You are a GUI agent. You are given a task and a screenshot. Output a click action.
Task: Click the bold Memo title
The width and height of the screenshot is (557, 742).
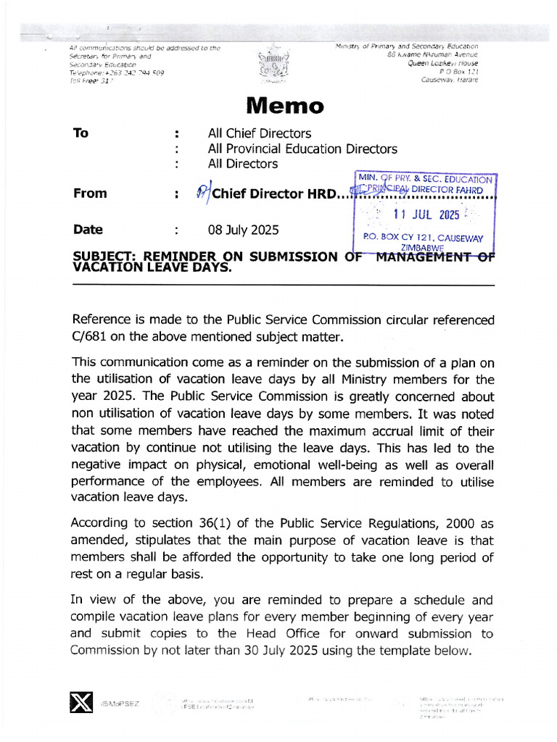pos(285,106)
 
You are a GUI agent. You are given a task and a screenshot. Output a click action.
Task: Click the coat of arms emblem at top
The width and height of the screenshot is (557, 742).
pos(273,66)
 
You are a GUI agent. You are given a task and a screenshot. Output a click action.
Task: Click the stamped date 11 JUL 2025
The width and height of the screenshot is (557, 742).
pos(426,214)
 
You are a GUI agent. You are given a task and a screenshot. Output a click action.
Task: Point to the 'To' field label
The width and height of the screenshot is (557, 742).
pos(81,133)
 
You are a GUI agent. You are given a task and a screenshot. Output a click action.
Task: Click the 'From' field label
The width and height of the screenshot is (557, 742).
pos(90,193)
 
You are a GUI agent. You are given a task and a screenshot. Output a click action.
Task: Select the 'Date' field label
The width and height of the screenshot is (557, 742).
pos(88,230)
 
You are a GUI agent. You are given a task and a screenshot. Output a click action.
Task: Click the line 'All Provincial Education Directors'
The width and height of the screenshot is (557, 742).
pos(302,149)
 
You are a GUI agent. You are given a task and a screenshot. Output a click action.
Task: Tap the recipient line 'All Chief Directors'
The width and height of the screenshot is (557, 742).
pos(259,133)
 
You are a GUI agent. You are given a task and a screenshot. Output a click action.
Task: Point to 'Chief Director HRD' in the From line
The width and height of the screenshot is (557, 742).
pos(275,193)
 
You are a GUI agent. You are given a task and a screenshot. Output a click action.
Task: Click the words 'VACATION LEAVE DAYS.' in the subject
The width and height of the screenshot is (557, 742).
pos(152,267)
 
